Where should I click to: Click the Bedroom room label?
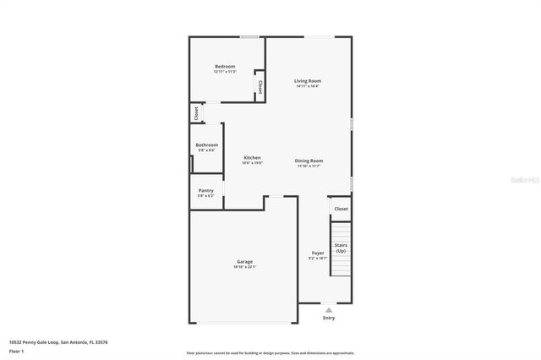(225, 67)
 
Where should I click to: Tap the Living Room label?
(308, 81)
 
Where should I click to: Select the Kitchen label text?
(253, 158)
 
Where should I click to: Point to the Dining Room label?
(309, 161)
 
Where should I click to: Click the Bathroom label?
(207, 145)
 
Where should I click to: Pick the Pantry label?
(206, 191)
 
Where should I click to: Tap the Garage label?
(244, 262)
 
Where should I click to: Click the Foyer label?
(318, 254)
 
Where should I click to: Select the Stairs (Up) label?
(341, 248)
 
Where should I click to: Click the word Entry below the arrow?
(329, 319)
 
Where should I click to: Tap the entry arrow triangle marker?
(329, 310)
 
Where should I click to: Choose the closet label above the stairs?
(341, 209)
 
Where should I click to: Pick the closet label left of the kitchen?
(196, 112)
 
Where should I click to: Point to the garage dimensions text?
(244, 267)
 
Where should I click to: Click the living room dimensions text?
(308, 86)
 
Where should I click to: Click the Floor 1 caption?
(17, 351)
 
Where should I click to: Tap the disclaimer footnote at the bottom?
(270, 353)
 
